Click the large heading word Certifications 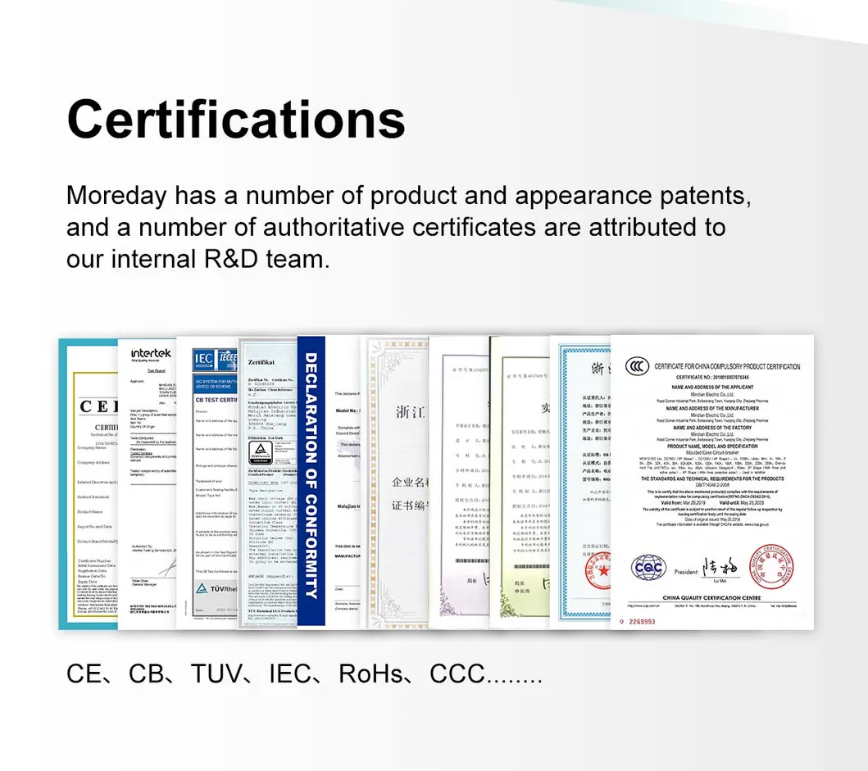point(236,119)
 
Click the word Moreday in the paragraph point(116,197)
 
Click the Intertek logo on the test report point(151,353)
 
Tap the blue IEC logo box point(202,358)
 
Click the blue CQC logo point(648,566)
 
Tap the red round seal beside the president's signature point(771,565)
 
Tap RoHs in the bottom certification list point(371,674)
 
